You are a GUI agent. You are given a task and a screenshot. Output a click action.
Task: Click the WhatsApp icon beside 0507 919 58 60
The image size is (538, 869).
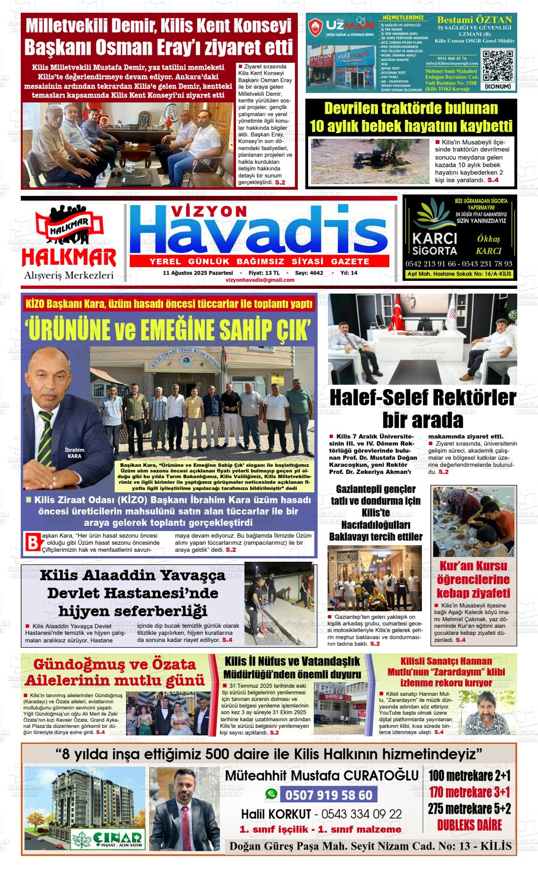click(271, 794)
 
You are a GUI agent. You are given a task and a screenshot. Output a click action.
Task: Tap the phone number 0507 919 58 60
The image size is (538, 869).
click(328, 795)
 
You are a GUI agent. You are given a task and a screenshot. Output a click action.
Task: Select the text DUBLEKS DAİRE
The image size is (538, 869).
click(469, 825)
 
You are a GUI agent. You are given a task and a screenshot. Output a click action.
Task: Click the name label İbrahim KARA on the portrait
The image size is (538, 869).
click(74, 453)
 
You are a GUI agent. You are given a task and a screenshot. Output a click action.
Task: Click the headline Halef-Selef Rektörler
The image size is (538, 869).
click(422, 397)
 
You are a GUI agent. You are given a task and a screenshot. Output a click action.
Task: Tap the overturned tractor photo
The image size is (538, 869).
click(370, 161)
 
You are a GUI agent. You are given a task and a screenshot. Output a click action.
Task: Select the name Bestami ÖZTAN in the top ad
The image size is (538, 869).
click(474, 20)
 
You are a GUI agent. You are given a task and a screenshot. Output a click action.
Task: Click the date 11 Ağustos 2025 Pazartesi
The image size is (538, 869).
click(198, 273)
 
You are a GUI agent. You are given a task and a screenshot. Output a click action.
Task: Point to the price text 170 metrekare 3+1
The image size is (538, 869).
click(469, 792)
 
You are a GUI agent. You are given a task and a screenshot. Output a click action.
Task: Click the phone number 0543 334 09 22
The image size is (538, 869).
click(361, 814)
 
